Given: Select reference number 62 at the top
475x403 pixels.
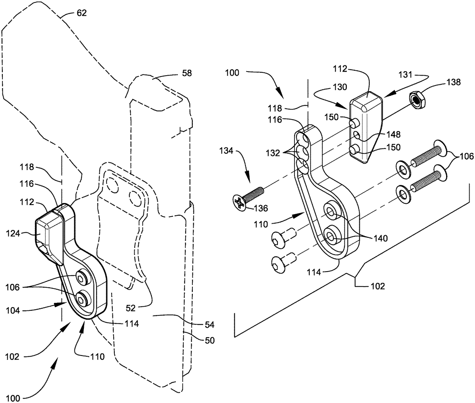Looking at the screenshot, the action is pyautogui.click(x=82, y=13).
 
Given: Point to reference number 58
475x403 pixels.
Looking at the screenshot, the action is pyautogui.click(x=187, y=73).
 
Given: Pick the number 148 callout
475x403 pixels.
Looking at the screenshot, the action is pyautogui.click(x=393, y=134).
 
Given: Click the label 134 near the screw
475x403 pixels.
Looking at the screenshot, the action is pyautogui.click(x=226, y=151).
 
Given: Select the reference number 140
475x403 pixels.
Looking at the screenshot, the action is pyautogui.click(x=380, y=238).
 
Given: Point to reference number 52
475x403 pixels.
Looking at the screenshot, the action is pyautogui.click(x=131, y=308).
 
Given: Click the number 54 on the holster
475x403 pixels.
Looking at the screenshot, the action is pyautogui.click(x=209, y=325).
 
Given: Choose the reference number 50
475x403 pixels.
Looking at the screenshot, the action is pyautogui.click(x=209, y=340).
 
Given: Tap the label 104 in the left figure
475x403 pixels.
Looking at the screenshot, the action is pyautogui.click(x=13, y=311).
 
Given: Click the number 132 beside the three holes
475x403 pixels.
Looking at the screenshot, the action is pyautogui.click(x=273, y=153).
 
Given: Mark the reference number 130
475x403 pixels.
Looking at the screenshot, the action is pyautogui.click(x=340, y=87).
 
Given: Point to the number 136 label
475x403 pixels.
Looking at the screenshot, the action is pyautogui.click(x=261, y=208).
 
